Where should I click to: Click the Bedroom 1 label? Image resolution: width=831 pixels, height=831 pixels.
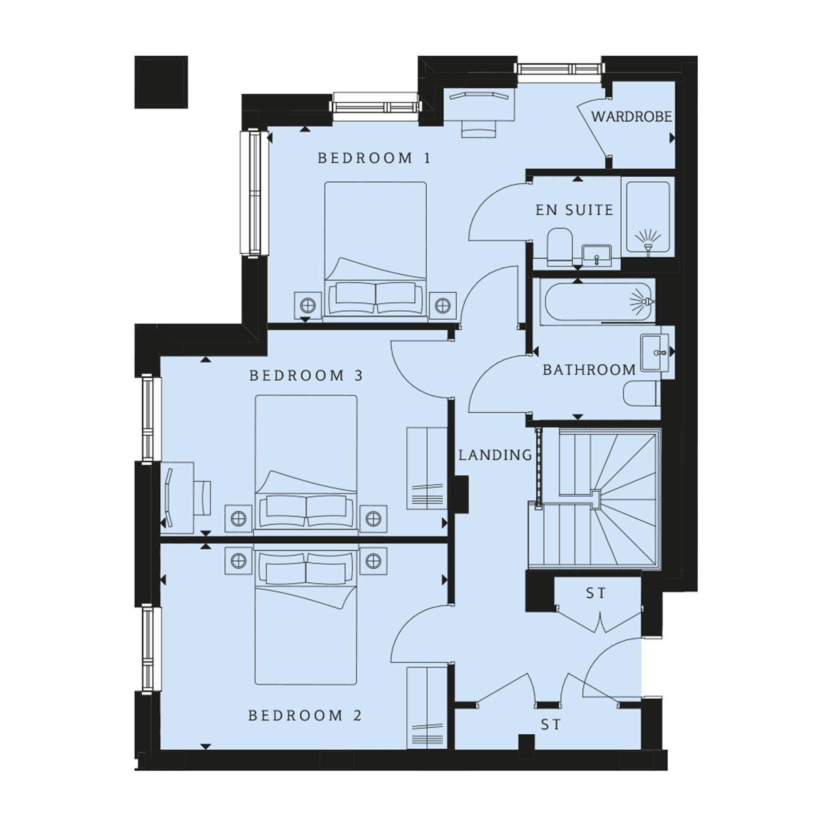click(374, 158)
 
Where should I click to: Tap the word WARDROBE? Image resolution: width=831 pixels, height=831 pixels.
click(631, 116)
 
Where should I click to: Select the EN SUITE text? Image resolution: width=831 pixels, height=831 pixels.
click(574, 210)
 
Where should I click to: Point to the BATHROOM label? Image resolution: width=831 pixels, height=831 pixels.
click(589, 369)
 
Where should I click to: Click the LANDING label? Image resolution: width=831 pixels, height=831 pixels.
click(495, 455)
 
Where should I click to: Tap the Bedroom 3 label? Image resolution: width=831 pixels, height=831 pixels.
click(306, 376)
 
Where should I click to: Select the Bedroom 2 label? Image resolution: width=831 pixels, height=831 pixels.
click(305, 715)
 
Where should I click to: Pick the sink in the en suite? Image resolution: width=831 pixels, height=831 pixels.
click(597, 256)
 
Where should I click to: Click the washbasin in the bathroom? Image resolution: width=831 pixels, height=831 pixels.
click(655, 353)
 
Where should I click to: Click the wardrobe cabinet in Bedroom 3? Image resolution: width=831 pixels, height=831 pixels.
click(427, 468)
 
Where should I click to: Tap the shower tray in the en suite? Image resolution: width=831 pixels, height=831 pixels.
click(648, 217)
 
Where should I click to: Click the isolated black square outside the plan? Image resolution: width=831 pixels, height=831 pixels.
click(161, 82)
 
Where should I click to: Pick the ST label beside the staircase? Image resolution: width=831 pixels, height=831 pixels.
click(596, 593)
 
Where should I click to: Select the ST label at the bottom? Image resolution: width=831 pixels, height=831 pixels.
click(551, 725)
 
